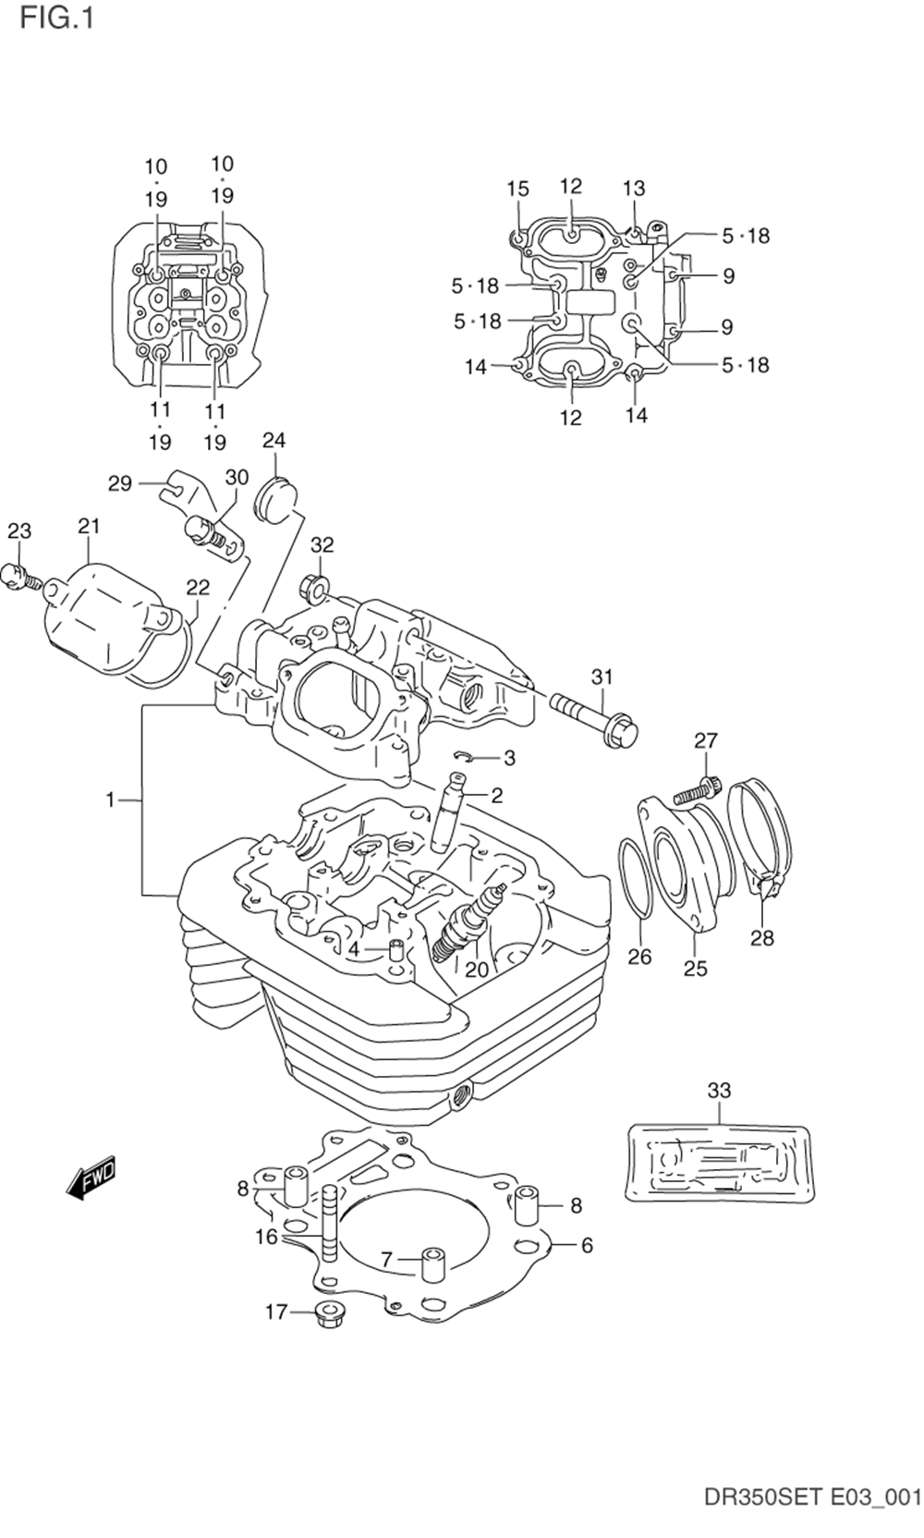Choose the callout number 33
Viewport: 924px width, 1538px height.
[x=719, y=1091]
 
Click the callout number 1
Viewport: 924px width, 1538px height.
[x=110, y=800]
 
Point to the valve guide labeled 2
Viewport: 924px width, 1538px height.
[x=449, y=813]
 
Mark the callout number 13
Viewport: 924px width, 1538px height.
[x=633, y=189]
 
